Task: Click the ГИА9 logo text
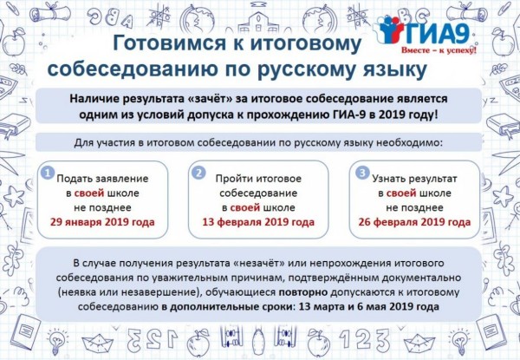[x=437, y=33]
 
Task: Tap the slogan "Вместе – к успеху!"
[x=439, y=50]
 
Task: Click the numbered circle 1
[x=48, y=173]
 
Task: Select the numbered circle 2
[x=198, y=173]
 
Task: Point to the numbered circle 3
[x=362, y=173]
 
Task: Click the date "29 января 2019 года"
[x=102, y=222]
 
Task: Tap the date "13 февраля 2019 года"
[x=258, y=222]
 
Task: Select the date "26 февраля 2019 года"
[x=414, y=222]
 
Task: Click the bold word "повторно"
[x=303, y=292]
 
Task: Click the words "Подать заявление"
[x=102, y=179]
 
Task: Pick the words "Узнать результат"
[x=414, y=179]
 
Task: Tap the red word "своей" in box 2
[x=244, y=207]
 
